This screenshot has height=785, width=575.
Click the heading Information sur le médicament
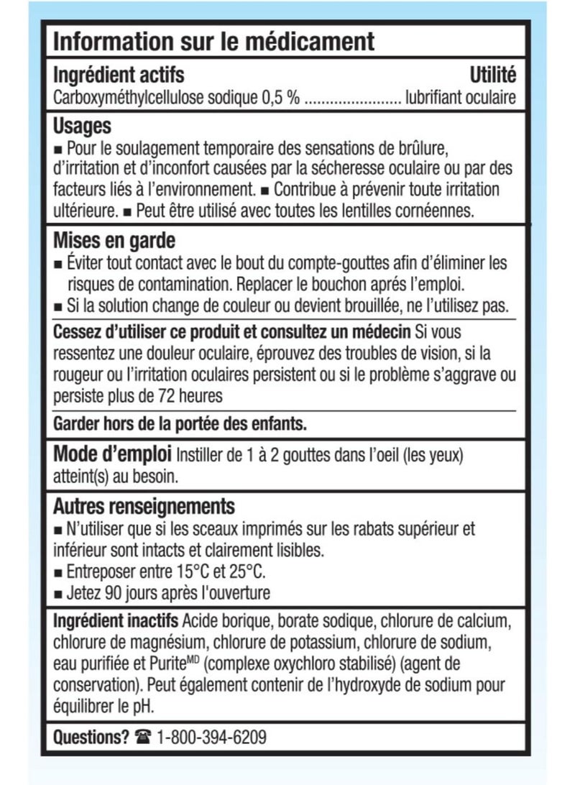click(x=214, y=41)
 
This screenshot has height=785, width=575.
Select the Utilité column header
click(x=492, y=74)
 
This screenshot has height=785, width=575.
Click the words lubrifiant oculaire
click(x=460, y=98)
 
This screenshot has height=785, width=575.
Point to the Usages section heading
click(x=83, y=127)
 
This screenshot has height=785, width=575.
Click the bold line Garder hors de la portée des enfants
click(x=180, y=423)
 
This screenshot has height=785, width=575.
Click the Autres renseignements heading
click(x=144, y=507)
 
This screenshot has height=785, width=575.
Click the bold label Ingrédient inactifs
click(x=116, y=620)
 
